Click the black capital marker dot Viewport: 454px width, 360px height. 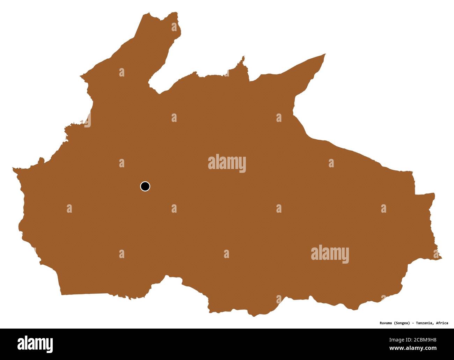145,186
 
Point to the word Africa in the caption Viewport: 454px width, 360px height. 442,323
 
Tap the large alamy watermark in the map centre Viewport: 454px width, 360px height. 227,163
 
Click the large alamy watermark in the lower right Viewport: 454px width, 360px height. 330,254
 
